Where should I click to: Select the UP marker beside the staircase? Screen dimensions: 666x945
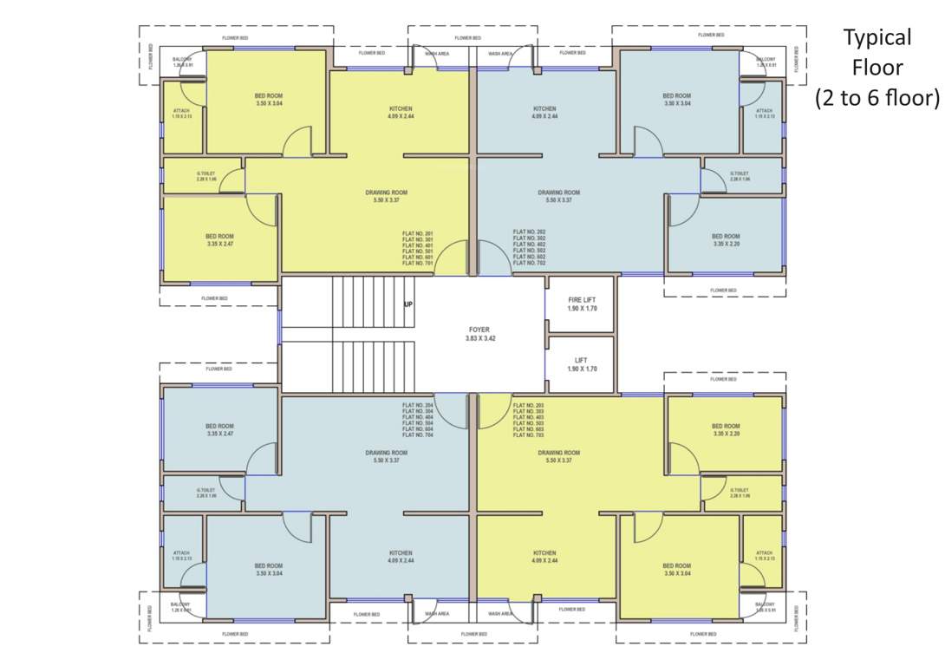[407, 305]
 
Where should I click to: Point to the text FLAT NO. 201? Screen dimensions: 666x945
[417, 233]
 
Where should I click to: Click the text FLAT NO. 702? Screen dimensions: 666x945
[529, 263]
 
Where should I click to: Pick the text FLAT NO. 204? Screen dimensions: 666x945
[417, 405]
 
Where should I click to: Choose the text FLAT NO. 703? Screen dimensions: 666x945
[529, 434]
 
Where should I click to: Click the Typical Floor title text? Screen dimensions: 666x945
[877, 68]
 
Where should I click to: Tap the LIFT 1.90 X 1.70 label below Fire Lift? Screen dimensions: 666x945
[582, 364]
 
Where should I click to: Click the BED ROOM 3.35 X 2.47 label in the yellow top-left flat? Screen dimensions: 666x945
[219, 240]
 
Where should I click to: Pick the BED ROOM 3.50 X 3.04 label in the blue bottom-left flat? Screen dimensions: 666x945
[269, 569]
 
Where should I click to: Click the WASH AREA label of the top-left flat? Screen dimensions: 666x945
[436, 54]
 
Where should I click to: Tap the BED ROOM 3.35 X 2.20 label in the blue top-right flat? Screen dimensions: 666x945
[726, 240]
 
